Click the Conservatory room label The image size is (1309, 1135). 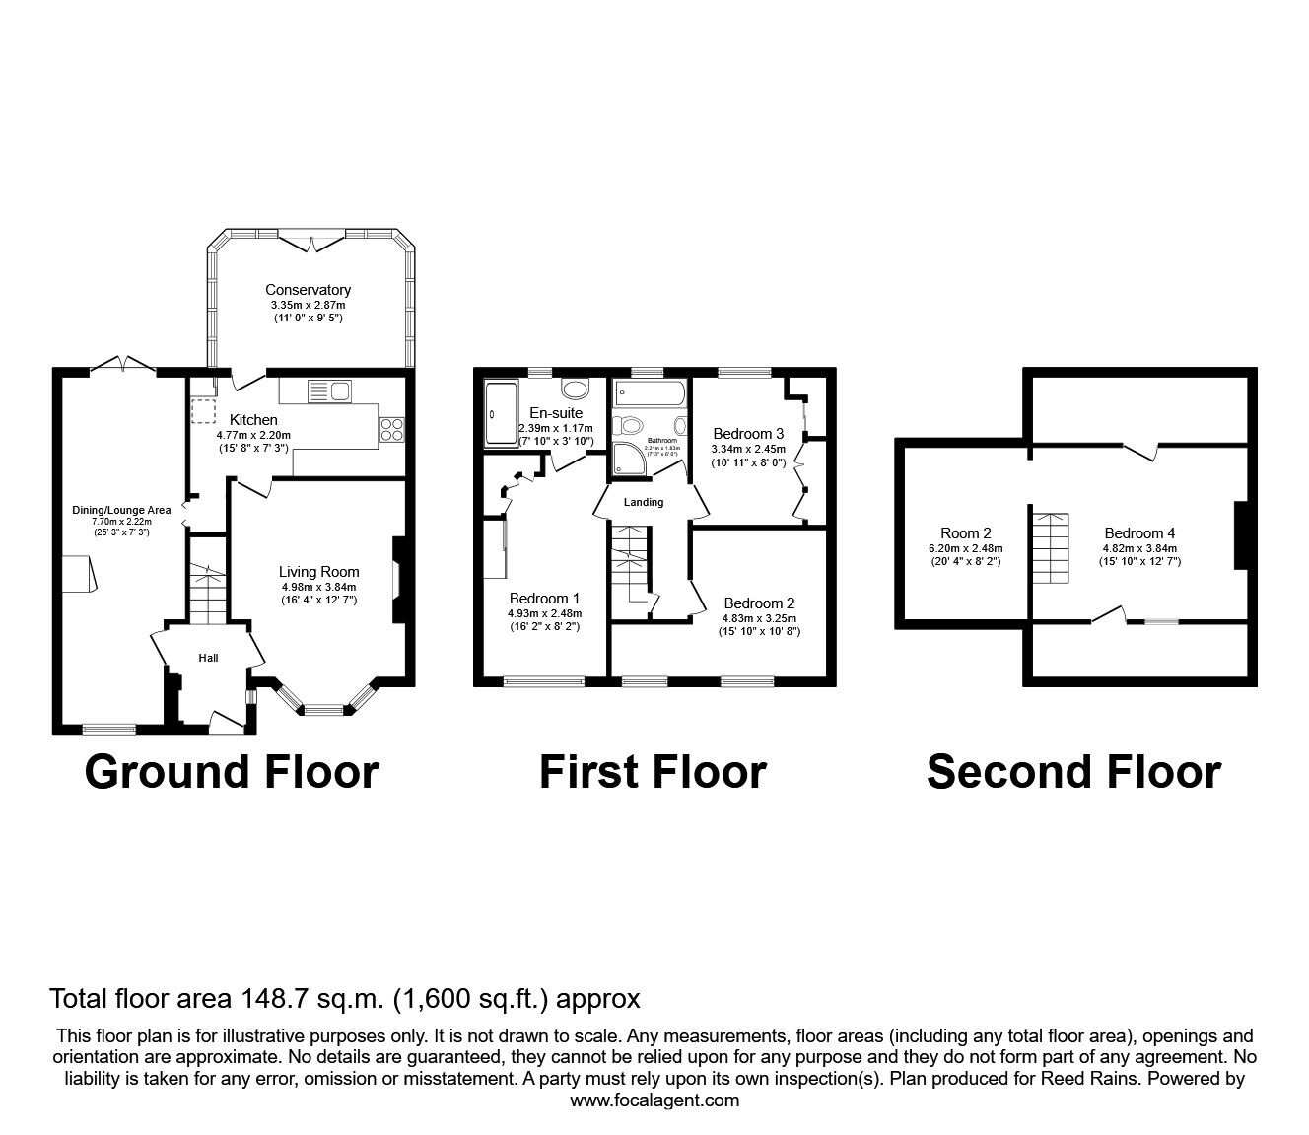(x=308, y=290)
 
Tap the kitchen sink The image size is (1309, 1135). (x=329, y=391)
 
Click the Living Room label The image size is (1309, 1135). (x=318, y=572)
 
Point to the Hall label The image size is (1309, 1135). (x=208, y=658)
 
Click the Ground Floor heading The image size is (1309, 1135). (x=232, y=772)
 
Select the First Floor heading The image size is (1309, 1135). (x=653, y=772)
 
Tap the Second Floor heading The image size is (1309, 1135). (x=1073, y=772)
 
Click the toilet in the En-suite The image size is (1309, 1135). (x=574, y=388)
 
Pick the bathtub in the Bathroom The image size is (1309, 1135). (x=648, y=395)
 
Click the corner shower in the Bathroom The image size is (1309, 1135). (x=630, y=457)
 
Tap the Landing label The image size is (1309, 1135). (x=644, y=502)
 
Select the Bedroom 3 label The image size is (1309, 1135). (x=748, y=434)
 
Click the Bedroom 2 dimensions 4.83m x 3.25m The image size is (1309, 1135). (x=759, y=618)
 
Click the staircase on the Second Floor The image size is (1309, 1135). (x=1050, y=548)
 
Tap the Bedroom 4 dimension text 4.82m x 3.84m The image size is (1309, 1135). (x=1140, y=548)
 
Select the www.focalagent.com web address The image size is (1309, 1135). (x=654, y=1100)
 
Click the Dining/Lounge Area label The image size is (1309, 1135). (x=121, y=510)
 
